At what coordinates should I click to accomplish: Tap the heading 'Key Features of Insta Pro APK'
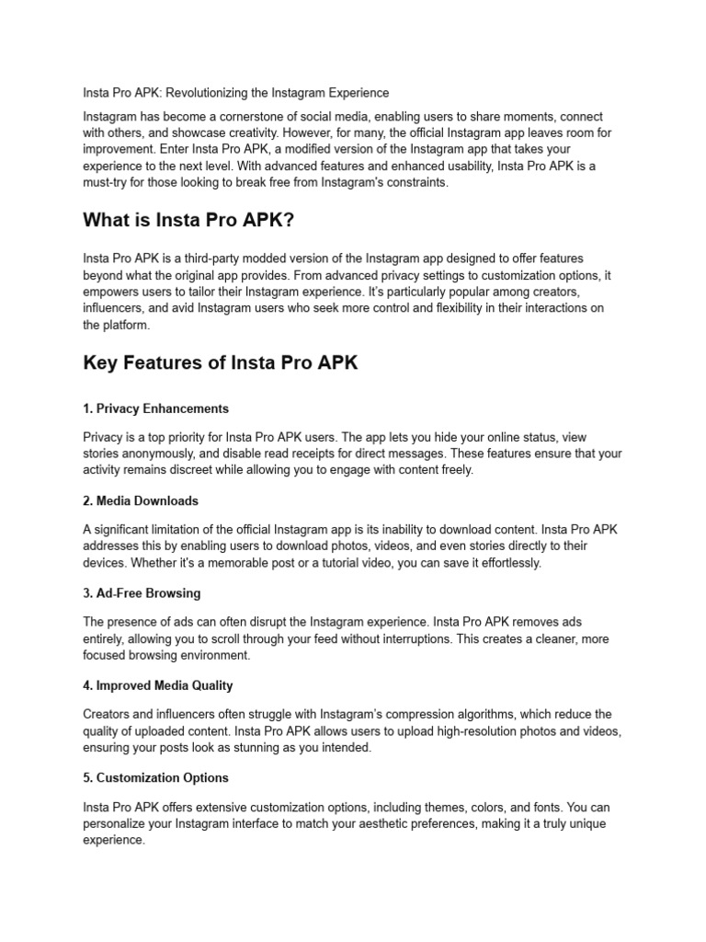pos(220,363)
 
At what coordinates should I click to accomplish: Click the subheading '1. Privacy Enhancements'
pos(155,408)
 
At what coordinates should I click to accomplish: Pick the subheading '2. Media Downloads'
pos(141,501)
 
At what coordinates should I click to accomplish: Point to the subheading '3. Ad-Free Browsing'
pos(142,593)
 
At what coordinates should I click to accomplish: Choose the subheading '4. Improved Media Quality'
pos(157,685)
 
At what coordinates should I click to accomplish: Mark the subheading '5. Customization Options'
pos(155,777)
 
